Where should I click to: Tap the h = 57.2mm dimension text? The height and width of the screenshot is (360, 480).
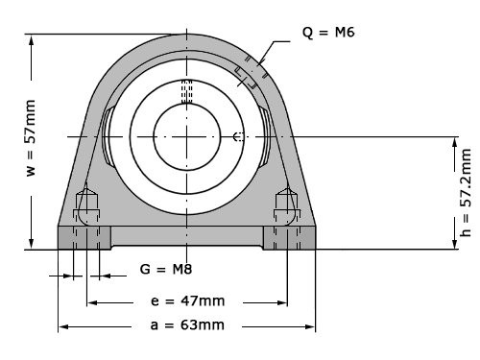click(466, 192)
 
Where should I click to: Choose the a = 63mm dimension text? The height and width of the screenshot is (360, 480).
click(186, 325)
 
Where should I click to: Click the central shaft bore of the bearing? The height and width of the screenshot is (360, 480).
click(187, 137)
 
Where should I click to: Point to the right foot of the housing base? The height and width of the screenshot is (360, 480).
click(290, 236)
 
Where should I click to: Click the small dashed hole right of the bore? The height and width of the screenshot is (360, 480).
click(237, 137)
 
